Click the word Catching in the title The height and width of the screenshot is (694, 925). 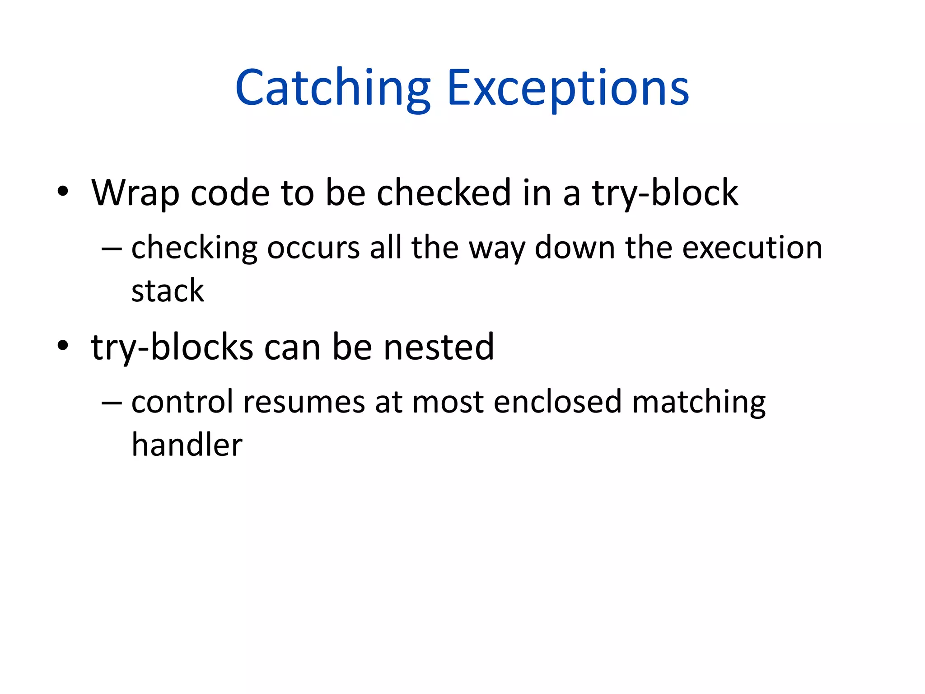(333, 88)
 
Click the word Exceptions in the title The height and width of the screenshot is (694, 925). (568, 88)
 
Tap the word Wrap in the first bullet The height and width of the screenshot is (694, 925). (135, 193)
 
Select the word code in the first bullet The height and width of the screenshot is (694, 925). (230, 193)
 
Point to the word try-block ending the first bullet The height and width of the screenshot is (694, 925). (665, 193)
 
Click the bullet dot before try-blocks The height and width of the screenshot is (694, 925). (63, 346)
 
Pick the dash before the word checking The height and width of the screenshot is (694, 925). (112, 249)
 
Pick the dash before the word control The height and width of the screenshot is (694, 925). (112, 403)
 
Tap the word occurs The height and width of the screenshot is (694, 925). (313, 248)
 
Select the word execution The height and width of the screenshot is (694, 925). (752, 248)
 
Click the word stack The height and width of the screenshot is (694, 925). (168, 291)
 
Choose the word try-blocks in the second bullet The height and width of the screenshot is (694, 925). (172, 347)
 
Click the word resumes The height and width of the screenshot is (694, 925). (304, 402)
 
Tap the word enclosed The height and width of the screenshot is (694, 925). (557, 402)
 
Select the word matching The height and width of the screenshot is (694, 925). (699, 402)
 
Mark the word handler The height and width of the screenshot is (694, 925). (187, 445)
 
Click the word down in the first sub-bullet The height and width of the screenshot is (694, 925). (575, 248)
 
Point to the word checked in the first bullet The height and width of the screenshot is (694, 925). (444, 193)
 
